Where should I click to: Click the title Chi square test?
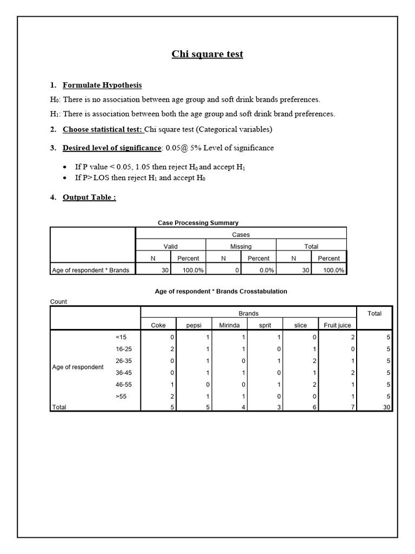click(207, 54)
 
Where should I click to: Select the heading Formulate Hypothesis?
click(102, 85)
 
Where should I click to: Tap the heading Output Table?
click(89, 197)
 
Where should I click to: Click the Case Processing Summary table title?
click(198, 222)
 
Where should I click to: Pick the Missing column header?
click(240, 246)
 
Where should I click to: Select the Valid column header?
click(170, 246)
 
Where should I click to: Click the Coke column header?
click(158, 325)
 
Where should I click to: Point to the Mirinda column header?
click(229, 325)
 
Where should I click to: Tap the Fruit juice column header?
click(337, 325)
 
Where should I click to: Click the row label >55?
click(122, 396)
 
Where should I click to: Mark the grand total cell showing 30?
click(386, 407)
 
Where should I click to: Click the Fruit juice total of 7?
click(352, 407)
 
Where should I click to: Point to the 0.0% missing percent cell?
click(266, 270)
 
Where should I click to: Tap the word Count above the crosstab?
click(58, 301)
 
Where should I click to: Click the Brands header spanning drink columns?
click(249, 313)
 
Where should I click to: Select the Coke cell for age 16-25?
click(172, 349)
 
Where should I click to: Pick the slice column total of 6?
click(316, 407)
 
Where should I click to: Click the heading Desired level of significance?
click(112, 148)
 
